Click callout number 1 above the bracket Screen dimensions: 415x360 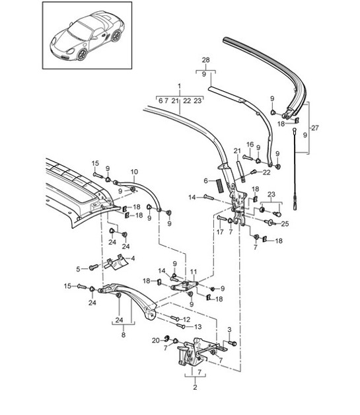pos(178,86)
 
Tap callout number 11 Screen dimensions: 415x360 pos(194,272)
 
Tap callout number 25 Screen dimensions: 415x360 pos(285,223)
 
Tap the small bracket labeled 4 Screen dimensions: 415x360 pos(119,262)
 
